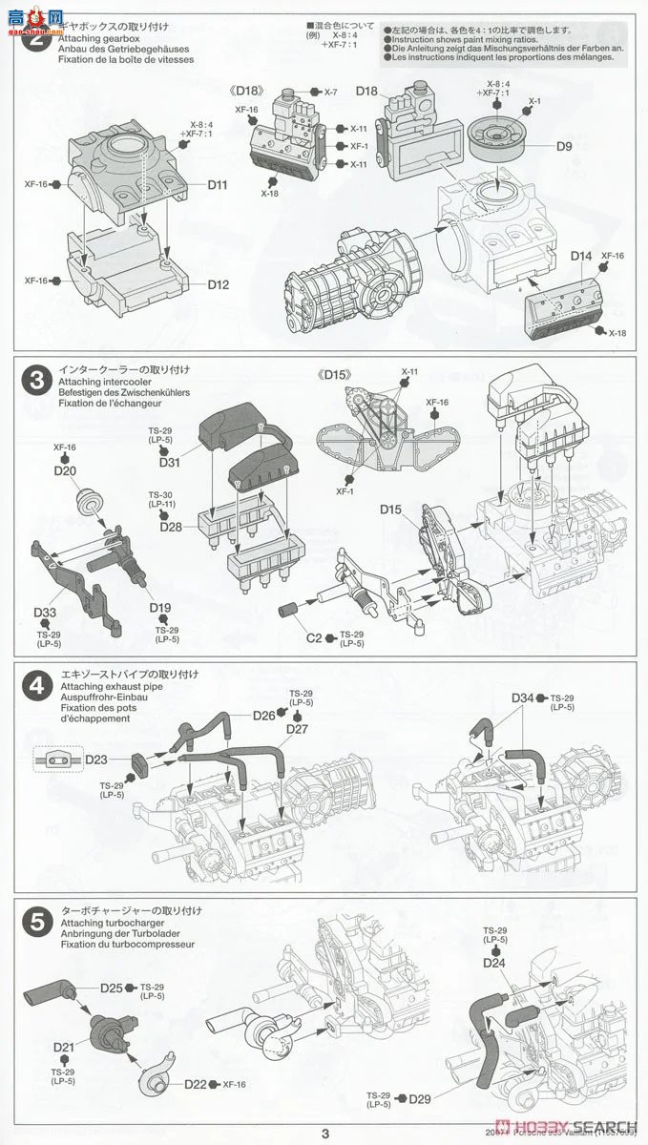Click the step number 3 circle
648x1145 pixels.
click(35, 380)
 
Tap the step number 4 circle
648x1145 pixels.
click(35, 684)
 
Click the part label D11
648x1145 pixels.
click(217, 185)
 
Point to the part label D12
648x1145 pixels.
click(219, 284)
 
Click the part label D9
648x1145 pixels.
click(564, 147)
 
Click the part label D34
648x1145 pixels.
click(522, 698)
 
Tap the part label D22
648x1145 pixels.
click(199, 1084)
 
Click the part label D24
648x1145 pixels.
click(493, 963)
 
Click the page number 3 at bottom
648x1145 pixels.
click(324, 1134)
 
